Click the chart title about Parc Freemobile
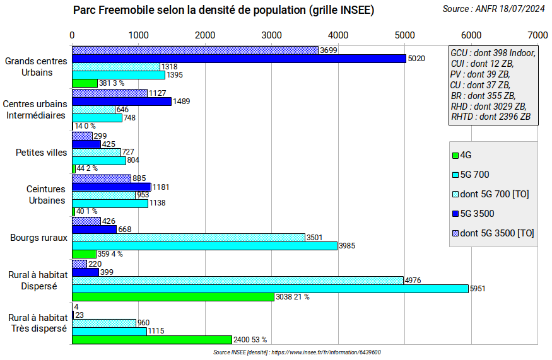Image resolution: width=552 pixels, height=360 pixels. coord(223,10)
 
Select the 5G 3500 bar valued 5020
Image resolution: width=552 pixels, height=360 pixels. coord(238,59)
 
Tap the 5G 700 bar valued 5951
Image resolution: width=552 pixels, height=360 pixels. coord(270,288)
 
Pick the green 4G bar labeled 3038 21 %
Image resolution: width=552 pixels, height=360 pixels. coord(173,296)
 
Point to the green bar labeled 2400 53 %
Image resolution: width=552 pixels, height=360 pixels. coord(151,339)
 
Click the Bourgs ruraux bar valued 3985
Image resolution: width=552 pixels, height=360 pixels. coord(204,246)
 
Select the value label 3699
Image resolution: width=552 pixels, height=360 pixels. coord(328,50)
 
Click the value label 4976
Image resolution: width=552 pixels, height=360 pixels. coord(413,280)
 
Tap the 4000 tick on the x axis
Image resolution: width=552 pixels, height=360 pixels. coord(338,34)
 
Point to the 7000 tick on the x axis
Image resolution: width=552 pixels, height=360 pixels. coord(537,34)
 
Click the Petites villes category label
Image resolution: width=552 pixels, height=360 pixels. coord(40,153)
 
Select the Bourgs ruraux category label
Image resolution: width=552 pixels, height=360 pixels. coord(38,238)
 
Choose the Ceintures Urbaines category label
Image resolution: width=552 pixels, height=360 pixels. coord(45,195)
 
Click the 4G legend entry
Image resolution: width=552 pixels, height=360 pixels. coord(466,155)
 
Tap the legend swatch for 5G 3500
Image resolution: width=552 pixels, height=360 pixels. coord(455,214)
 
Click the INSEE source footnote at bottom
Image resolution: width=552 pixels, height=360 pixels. coord(297,352)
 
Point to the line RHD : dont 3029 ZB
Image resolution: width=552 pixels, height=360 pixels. coord(489,106)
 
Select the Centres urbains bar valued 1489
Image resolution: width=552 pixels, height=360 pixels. coord(122,102)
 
